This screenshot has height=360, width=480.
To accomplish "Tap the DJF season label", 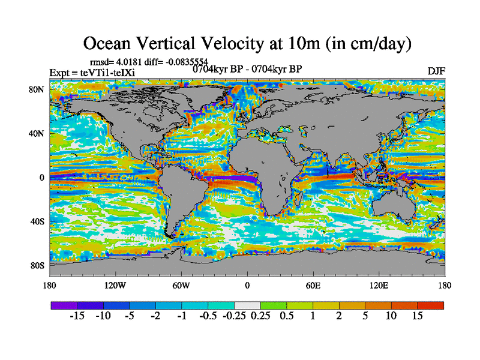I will click(436, 71).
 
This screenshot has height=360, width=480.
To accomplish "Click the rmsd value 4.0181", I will click(127, 62).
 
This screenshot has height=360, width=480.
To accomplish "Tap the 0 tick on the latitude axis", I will click(42, 178).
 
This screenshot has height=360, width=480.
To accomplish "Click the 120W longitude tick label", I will click(116, 285).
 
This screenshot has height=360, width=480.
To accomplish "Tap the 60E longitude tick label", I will click(313, 285).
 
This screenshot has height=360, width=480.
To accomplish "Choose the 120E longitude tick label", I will click(379, 285).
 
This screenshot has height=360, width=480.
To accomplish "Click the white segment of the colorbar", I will click(247, 305).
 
